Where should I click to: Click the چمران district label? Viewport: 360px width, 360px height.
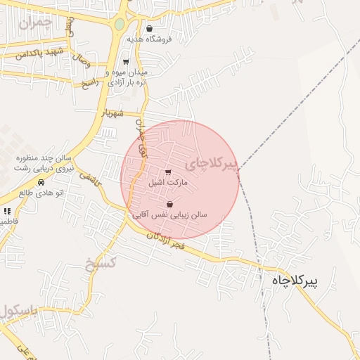pos(37,23)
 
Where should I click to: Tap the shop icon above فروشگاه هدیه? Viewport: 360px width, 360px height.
pos(149,29)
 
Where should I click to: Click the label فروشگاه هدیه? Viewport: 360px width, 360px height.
pos(149,39)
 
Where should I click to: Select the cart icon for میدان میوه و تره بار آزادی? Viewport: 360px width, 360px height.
pos(126,62)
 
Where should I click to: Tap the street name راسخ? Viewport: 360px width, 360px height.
pos(91,82)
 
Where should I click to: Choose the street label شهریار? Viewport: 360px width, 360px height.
pos(111,112)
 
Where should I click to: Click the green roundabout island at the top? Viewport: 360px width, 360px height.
pos(120,25)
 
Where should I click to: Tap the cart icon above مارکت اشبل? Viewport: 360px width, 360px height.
pos(167,172)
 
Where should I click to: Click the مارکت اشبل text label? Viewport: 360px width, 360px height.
pos(166,182)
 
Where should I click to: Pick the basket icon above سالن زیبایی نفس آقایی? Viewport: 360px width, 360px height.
pos(169,205)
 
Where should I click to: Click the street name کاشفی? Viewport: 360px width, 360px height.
pos(91,179)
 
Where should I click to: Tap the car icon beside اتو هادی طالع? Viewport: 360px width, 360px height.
pos(41,182)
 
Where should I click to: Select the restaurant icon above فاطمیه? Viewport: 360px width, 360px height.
pos(7,210)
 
